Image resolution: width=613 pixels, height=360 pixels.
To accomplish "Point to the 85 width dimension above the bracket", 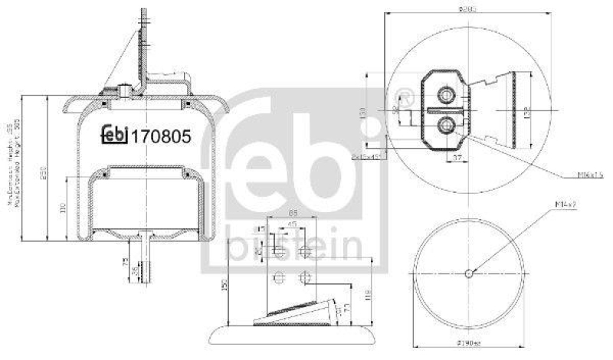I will click(294, 214).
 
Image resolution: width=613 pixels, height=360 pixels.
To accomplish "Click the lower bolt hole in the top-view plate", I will click(445, 126).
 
